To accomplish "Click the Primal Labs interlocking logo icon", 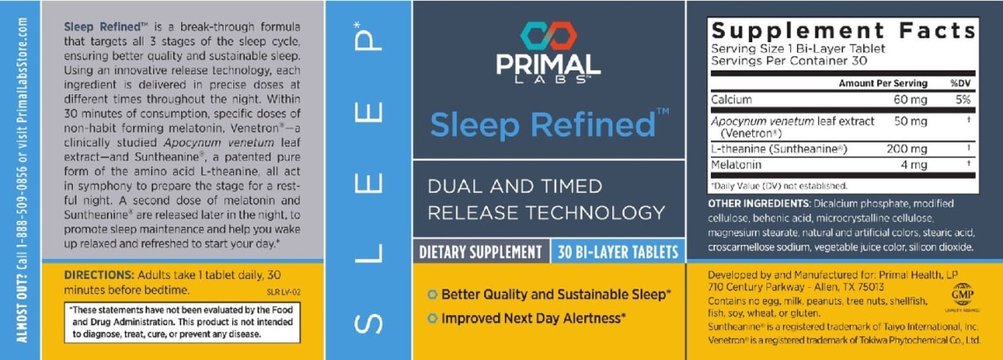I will pyautogui.click(x=547, y=36).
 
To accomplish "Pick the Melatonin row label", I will pyautogui.click(x=736, y=165).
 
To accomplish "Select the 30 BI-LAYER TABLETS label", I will pyautogui.click(x=618, y=252).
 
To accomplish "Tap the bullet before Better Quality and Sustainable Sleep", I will pyautogui.click(x=431, y=294).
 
